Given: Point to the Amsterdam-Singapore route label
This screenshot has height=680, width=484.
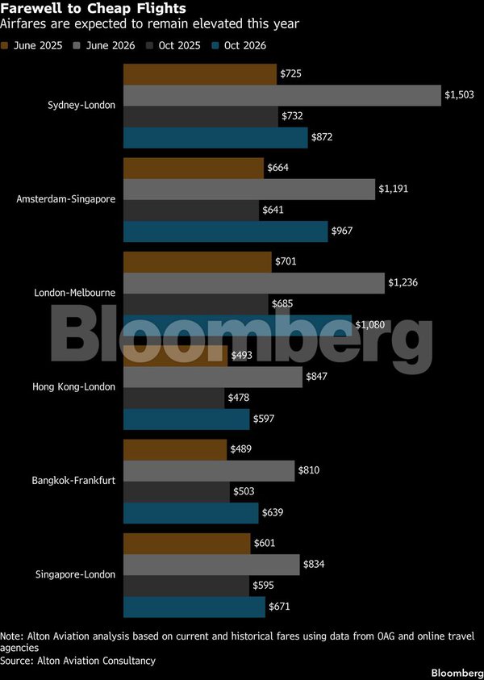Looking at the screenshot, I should (x=66, y=199).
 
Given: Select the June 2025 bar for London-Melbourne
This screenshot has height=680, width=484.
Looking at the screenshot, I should (x=197, y=262).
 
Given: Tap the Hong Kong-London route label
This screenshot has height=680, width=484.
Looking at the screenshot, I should (x=73, y=387).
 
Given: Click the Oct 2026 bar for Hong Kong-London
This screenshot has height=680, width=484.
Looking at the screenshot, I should (x=186, y=419).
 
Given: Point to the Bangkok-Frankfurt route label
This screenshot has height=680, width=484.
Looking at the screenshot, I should (x=73, y=481).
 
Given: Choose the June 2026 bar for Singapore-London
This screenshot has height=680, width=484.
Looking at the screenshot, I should (x=211, y=565).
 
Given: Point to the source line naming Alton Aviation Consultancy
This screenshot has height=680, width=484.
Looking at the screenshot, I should (x=77, y=661).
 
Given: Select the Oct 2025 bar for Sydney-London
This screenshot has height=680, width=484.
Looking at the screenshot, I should (x=200, y=116).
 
